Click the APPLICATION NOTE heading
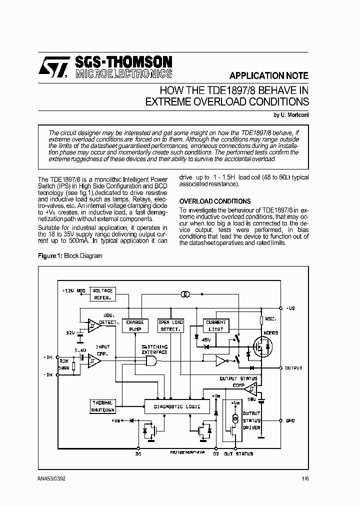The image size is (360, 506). coord(268,76)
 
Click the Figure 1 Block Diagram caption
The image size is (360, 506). coord(70,255)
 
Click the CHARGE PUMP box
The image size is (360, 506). coord(135,326)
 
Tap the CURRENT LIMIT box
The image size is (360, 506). coord(215,326)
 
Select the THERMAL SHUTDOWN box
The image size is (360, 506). coord(102,406)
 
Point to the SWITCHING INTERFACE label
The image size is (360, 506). coord(154,349)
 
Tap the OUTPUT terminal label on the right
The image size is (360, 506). coord(293,368)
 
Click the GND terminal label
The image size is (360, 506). coord(290,421)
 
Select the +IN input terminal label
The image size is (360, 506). coord(48,357)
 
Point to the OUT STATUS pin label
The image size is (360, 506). coord(238,453)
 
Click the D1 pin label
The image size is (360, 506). coord(138,453)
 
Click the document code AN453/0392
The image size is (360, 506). coord(51,478)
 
